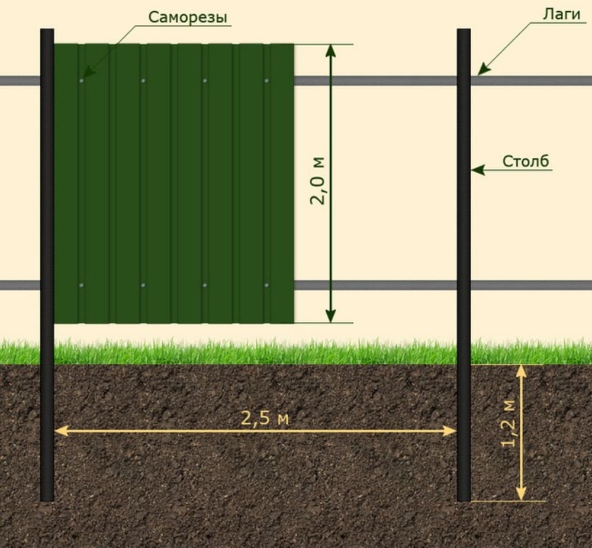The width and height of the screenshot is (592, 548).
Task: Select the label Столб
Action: (526, 161)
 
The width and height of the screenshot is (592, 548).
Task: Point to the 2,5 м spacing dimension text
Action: (265, 418)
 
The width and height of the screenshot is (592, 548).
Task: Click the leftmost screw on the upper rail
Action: (82, 80)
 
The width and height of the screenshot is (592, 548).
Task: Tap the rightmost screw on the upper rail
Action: (266, 80)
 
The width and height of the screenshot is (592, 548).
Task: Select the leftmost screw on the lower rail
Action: (82, 285)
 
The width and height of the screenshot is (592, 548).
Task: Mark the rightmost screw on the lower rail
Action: (266, 285)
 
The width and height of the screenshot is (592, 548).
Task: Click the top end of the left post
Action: (47, 31)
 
